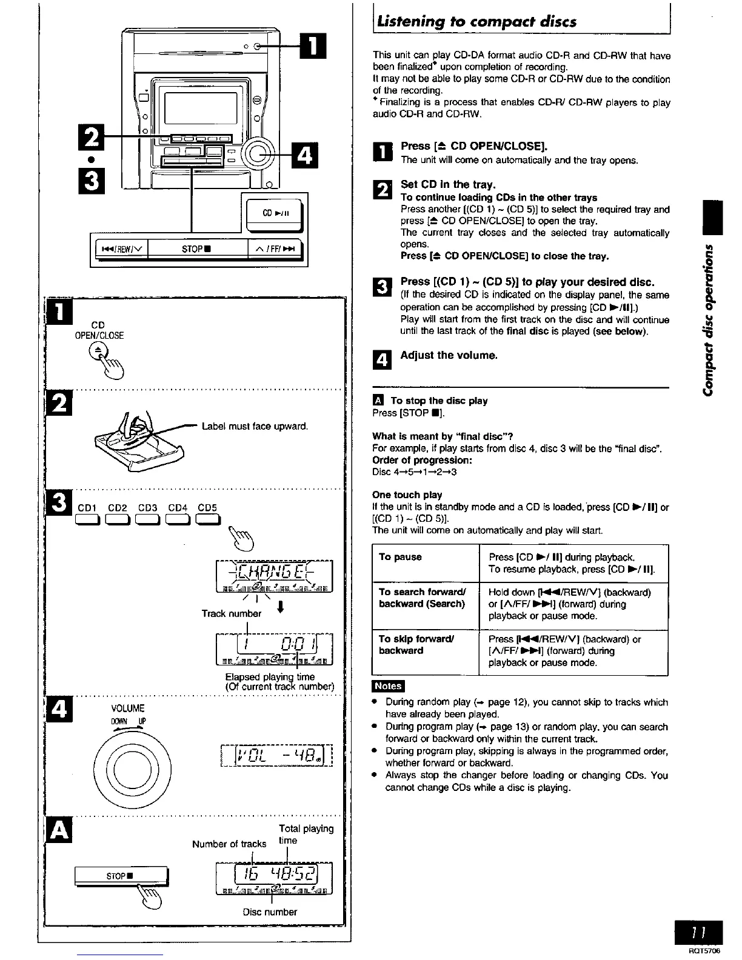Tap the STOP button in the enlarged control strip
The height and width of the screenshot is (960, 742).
point(198,248)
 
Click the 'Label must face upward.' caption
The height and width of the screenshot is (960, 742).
point(255,426)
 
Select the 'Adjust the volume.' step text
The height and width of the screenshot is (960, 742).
point(449,355)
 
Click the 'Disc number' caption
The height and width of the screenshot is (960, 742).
point(270,912)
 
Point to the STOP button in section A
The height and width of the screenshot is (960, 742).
point(120,876)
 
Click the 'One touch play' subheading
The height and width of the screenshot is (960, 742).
point(407,495)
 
